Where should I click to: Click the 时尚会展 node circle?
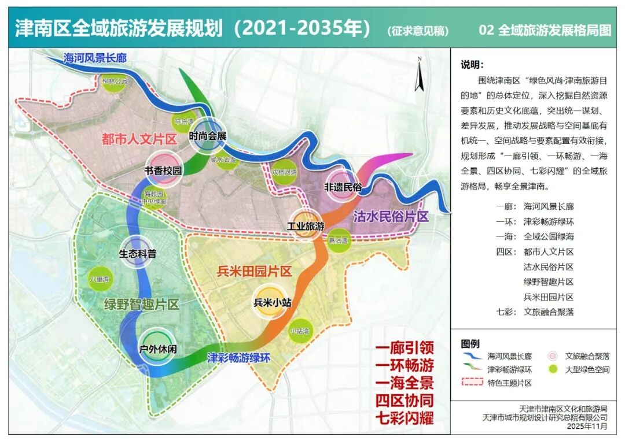[207, 134]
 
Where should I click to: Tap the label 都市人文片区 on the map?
[138, 139]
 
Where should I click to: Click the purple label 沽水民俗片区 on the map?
[391, 216]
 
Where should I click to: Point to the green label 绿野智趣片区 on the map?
[142, 304]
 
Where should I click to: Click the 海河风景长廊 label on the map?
[95, 58]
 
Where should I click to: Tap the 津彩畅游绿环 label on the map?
[238, 357]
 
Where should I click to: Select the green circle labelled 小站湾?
[299, 331]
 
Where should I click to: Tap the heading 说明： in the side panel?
[472, 65]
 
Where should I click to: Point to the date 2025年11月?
[589, 426]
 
